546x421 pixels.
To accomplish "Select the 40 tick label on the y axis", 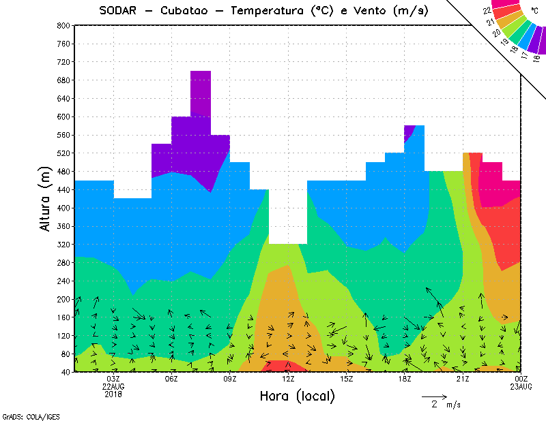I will [66, 372].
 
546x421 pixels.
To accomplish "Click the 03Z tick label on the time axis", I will [113, 379].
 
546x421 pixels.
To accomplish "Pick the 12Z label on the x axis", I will [288, 379].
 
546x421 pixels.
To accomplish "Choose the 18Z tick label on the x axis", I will [405, 379].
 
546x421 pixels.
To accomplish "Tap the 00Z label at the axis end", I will [521, 379].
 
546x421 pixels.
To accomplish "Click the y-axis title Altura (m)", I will [45, 198].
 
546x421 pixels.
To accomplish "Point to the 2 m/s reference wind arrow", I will [433, 396].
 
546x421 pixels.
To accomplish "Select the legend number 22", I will [487, 11].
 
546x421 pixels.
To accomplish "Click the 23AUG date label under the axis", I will [521, 386].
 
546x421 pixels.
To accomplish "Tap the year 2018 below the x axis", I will [113, 394].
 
